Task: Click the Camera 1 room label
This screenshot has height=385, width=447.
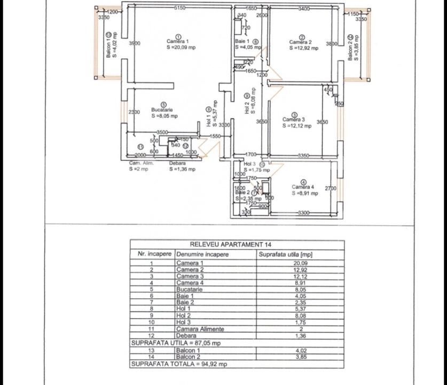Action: click(177, 41)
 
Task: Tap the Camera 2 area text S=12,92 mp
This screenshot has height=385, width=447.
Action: click(303, 48)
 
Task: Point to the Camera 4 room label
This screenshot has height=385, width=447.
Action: click(303, 187)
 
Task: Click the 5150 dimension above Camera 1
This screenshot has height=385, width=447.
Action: click(179, 8)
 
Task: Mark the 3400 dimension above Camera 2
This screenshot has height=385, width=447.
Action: click(304, 8)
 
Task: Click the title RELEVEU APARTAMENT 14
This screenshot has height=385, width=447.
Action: click(237, 244)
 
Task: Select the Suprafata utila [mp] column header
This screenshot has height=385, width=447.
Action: click(285, 255)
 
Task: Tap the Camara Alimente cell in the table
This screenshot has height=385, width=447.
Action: click(200, 329)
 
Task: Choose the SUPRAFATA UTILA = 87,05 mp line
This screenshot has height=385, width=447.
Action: click(176, 343)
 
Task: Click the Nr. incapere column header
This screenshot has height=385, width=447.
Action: click(152, 255)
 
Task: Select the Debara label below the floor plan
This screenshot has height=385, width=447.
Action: click(177, 163)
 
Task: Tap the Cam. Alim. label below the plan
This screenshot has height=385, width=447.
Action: click(141, 163)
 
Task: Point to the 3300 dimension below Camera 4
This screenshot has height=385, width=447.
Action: click(303, 213)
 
